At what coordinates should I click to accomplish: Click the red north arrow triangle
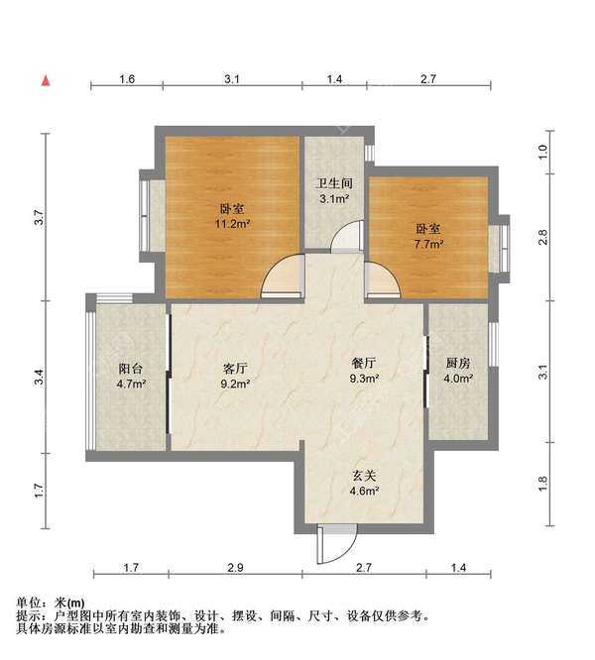pos(46,80)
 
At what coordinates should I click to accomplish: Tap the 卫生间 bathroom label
pos(334,183)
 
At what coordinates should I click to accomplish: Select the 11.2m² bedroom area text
pos(232,224)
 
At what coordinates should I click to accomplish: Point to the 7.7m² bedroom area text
pos(428,244)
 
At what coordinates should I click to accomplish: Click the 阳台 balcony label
pos(131,369)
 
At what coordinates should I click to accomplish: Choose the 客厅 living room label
pos(235,369)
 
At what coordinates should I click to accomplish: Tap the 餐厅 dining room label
pos(364,363)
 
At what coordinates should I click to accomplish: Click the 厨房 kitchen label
pos(458,363)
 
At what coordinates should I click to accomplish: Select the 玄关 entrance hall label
pos(364,476)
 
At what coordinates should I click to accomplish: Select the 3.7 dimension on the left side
pos(39,217)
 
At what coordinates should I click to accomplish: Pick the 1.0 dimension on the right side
pos(542,152)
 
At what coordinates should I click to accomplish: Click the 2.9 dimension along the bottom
pos(235,568)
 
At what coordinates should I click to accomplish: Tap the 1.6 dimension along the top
pos(127,78)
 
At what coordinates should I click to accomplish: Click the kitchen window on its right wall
pos(493,344)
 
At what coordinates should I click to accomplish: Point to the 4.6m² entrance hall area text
pos(364,491)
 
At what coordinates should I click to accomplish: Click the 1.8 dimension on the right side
pos(542,484)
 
